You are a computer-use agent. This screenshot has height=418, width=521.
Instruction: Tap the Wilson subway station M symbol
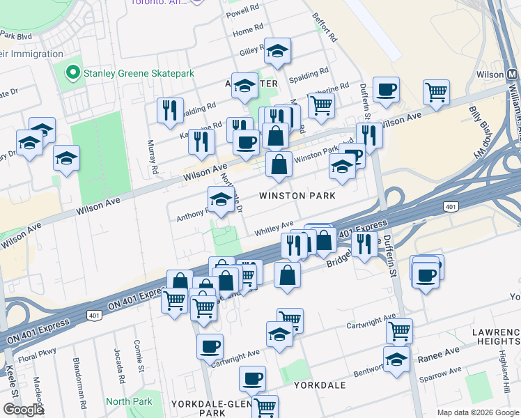512,74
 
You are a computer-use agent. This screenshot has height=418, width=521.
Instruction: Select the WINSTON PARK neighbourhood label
297,196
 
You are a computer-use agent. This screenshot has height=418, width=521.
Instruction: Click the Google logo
23,410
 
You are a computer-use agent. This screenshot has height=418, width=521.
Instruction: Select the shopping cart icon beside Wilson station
436,91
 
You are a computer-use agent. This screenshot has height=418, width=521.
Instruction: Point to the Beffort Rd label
325,28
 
